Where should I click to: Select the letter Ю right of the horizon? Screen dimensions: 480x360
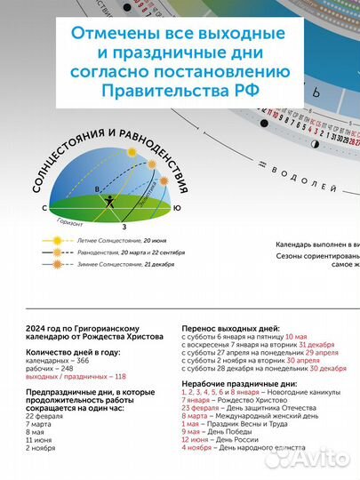pos(178,208)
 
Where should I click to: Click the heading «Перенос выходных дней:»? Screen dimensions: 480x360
pos(224,329)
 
